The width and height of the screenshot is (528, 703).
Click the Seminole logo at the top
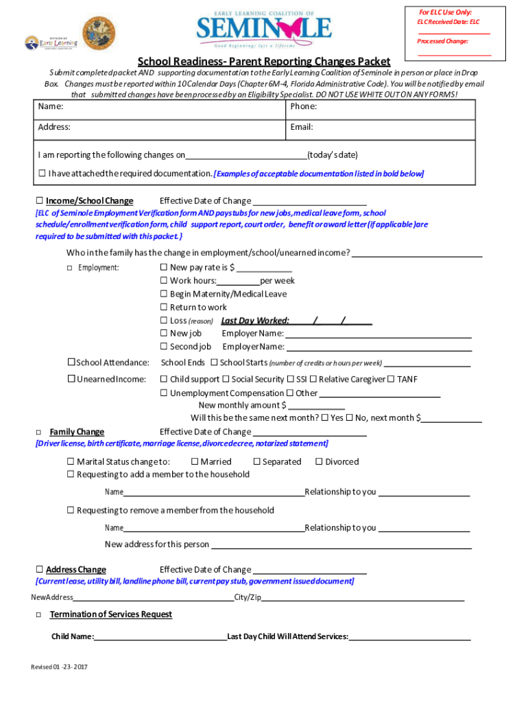(x=264, y=30)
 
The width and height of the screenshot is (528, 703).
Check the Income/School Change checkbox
(x=39, y=201)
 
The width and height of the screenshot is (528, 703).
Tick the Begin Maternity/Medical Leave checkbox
(x=164, y=294)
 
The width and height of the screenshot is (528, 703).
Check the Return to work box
(x=164, y=307)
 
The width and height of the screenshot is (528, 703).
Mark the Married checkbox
(x=195, y=462)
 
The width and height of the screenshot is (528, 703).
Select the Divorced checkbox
(x=319, y=462)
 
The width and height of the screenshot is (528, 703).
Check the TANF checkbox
(x=391, y=379)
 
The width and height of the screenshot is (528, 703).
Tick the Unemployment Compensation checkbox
(x=164, y=393)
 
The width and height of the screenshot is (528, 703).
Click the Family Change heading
(x=77, y=432)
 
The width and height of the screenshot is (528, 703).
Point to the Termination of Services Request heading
(x=111, y=614)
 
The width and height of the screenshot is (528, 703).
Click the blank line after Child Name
(x=160, y=636)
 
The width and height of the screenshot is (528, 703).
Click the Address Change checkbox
(x=39, y=570)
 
